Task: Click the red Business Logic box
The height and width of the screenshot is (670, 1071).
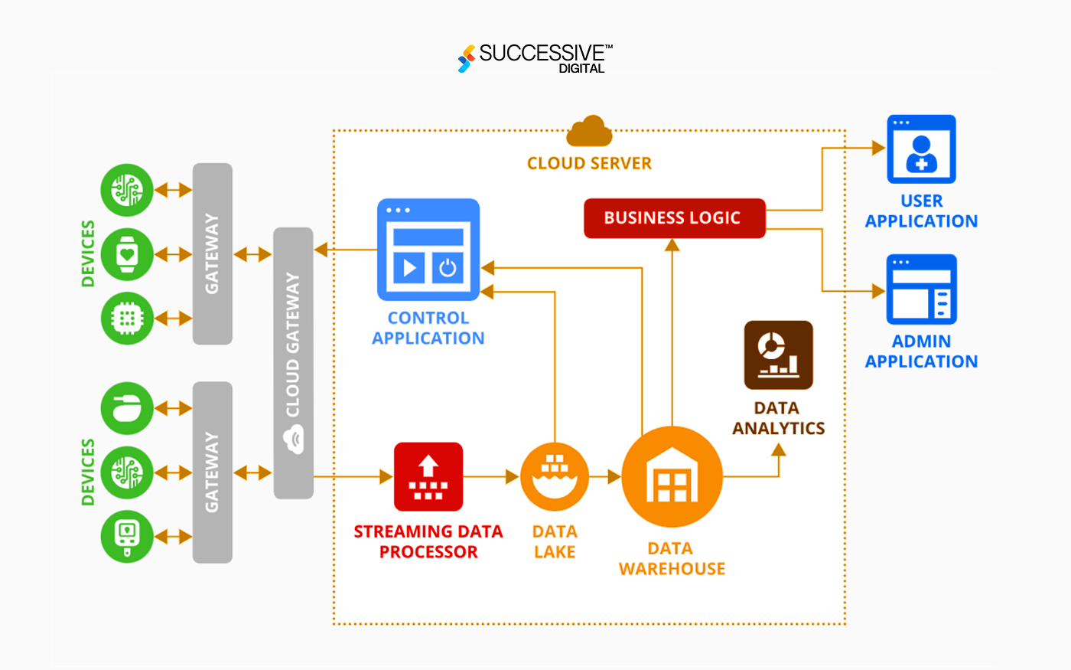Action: pos(674,218)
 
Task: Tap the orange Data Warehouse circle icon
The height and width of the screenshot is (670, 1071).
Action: pos(672,476)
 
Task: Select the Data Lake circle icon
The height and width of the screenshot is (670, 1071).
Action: pos(555,476)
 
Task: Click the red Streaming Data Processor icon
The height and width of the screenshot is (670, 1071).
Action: pos(428,476)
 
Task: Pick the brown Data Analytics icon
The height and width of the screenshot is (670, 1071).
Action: pos(779,355)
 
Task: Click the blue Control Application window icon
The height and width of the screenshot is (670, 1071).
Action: pos(428,250)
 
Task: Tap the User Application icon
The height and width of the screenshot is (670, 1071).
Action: pos(921,149)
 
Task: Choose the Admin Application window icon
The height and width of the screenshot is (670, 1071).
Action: pos(921,289)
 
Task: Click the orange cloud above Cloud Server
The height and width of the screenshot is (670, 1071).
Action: pos(589,131)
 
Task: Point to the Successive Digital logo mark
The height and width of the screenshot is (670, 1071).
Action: pos(466,58)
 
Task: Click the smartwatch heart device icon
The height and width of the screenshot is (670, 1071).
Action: pos(127,254)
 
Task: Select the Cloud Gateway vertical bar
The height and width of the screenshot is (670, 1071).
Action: pos(293,363)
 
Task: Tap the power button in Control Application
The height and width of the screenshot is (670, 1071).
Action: pos(448,267)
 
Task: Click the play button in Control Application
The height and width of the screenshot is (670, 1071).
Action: pos(409,267)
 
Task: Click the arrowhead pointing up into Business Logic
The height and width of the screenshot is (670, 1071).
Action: pos(672,245)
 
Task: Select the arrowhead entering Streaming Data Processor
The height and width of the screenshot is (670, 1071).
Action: pos(386,476)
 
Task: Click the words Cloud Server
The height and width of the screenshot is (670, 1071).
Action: pos(589,163)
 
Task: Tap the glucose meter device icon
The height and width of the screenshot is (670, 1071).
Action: pos(127,537)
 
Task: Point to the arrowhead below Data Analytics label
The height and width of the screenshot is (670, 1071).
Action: pos(779,449)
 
